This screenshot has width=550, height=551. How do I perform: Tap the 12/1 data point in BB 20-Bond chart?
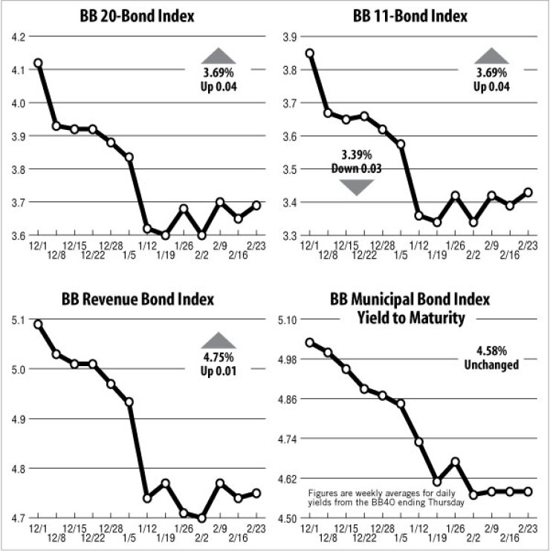click(38, 63)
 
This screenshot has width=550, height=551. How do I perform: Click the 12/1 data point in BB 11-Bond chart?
click(310, 53)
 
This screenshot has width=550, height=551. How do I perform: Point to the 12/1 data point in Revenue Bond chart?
click(38, 325)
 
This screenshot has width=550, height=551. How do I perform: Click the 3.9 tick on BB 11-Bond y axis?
click(290, 36)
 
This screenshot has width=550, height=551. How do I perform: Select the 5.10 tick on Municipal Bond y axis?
click(287, 320)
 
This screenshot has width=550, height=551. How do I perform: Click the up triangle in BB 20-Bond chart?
click(219, 55)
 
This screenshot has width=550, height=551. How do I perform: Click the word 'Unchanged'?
click(488, 365)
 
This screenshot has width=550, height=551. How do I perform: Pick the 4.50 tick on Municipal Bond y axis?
click(287, 518)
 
